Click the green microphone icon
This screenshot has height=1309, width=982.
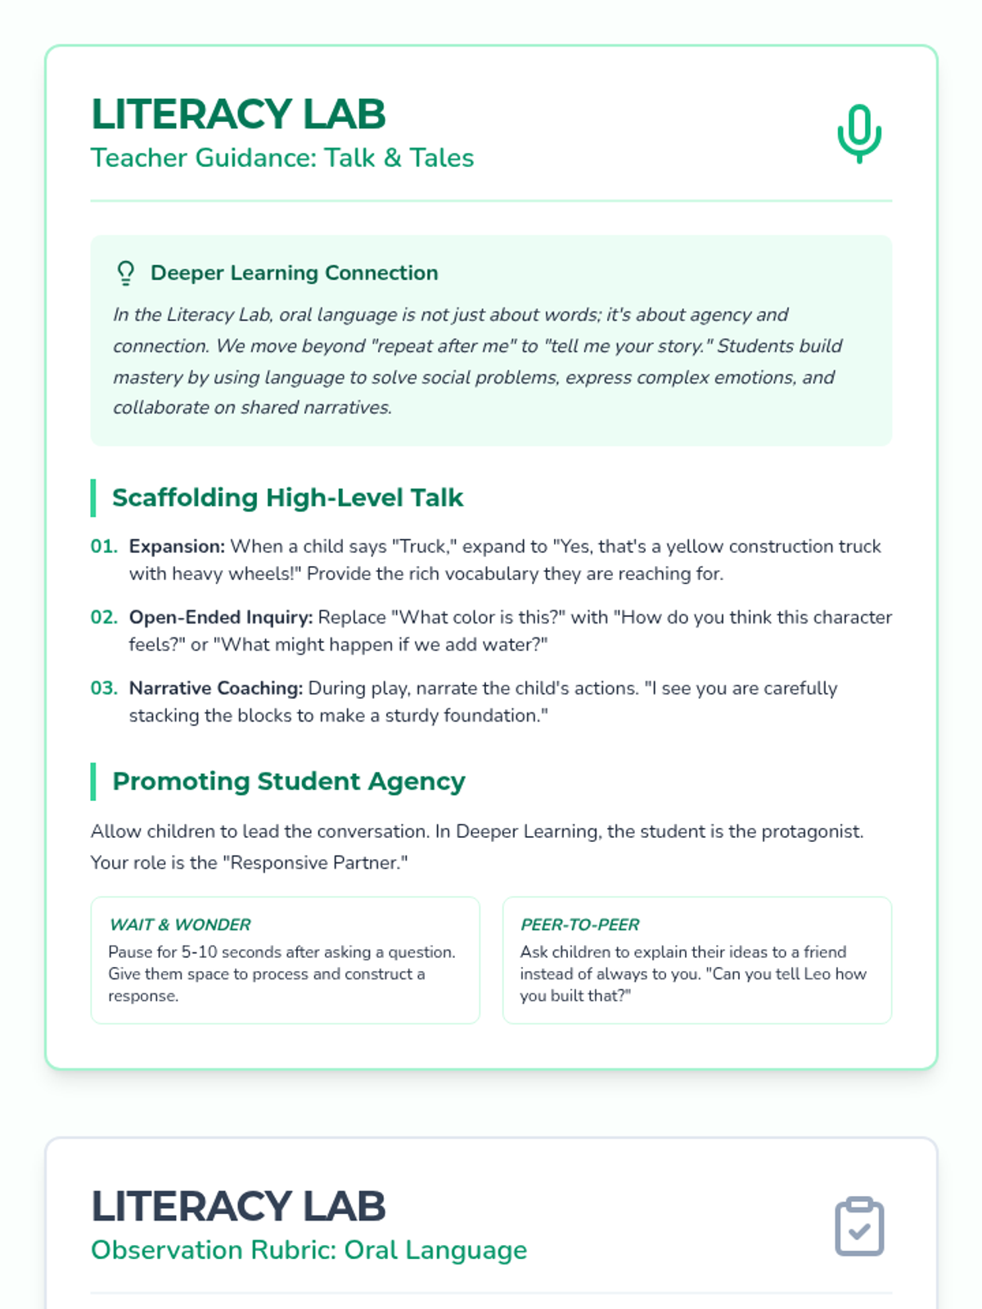click(x=859, y=133)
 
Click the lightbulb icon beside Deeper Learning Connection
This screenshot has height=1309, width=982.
click(x=125, y=272)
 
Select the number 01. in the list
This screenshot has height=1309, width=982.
click(x=104, y=547)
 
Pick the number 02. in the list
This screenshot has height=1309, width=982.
click(x=104, y=617)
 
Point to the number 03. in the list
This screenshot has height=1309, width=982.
click(x=104, y=688)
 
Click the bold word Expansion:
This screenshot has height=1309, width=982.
click(x=177, y=547)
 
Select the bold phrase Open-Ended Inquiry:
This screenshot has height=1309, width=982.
click(x=221, y=617)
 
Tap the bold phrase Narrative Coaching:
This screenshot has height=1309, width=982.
click(x=216, y=688)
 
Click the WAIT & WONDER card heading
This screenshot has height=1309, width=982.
click(x=180, y=924)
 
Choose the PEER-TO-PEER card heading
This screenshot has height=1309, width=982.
click(x=580, y=924)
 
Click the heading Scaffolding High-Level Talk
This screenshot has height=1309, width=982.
click(x=287, y=497)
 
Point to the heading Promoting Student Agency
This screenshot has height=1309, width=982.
click(x=288, y=781)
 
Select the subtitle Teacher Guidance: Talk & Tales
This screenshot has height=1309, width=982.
click(x=282, y=158)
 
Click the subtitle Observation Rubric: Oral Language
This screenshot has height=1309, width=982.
click(x=309, y=1250)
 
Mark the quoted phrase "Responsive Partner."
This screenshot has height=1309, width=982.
click(x=319, y=862)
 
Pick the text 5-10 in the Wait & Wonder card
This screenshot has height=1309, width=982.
click(x=199, y=952)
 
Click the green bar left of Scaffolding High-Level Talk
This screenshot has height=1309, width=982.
click(x=93, y=497)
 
